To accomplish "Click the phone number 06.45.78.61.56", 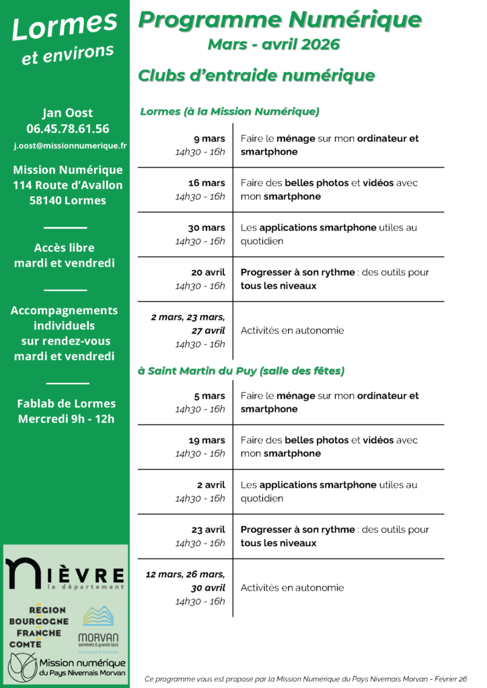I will point(67,128).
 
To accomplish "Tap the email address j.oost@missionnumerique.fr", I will point(71,145).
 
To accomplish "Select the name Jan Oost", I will point(67,112).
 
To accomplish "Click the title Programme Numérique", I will point(280,20).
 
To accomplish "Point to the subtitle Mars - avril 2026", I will point(274,45).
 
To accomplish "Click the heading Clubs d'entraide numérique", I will point(256,75).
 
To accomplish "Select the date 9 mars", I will point(209,139).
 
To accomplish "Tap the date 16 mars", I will point(207,183).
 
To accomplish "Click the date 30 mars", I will point(207,228).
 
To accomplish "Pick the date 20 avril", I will point(207,273).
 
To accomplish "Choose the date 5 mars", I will point(209,396).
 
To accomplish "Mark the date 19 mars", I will point(207,441).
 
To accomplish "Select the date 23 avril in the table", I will point(207,529).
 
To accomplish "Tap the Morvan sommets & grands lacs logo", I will point(98,628).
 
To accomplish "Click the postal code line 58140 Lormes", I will point(67,200).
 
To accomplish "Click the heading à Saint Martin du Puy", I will point(241,371).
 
